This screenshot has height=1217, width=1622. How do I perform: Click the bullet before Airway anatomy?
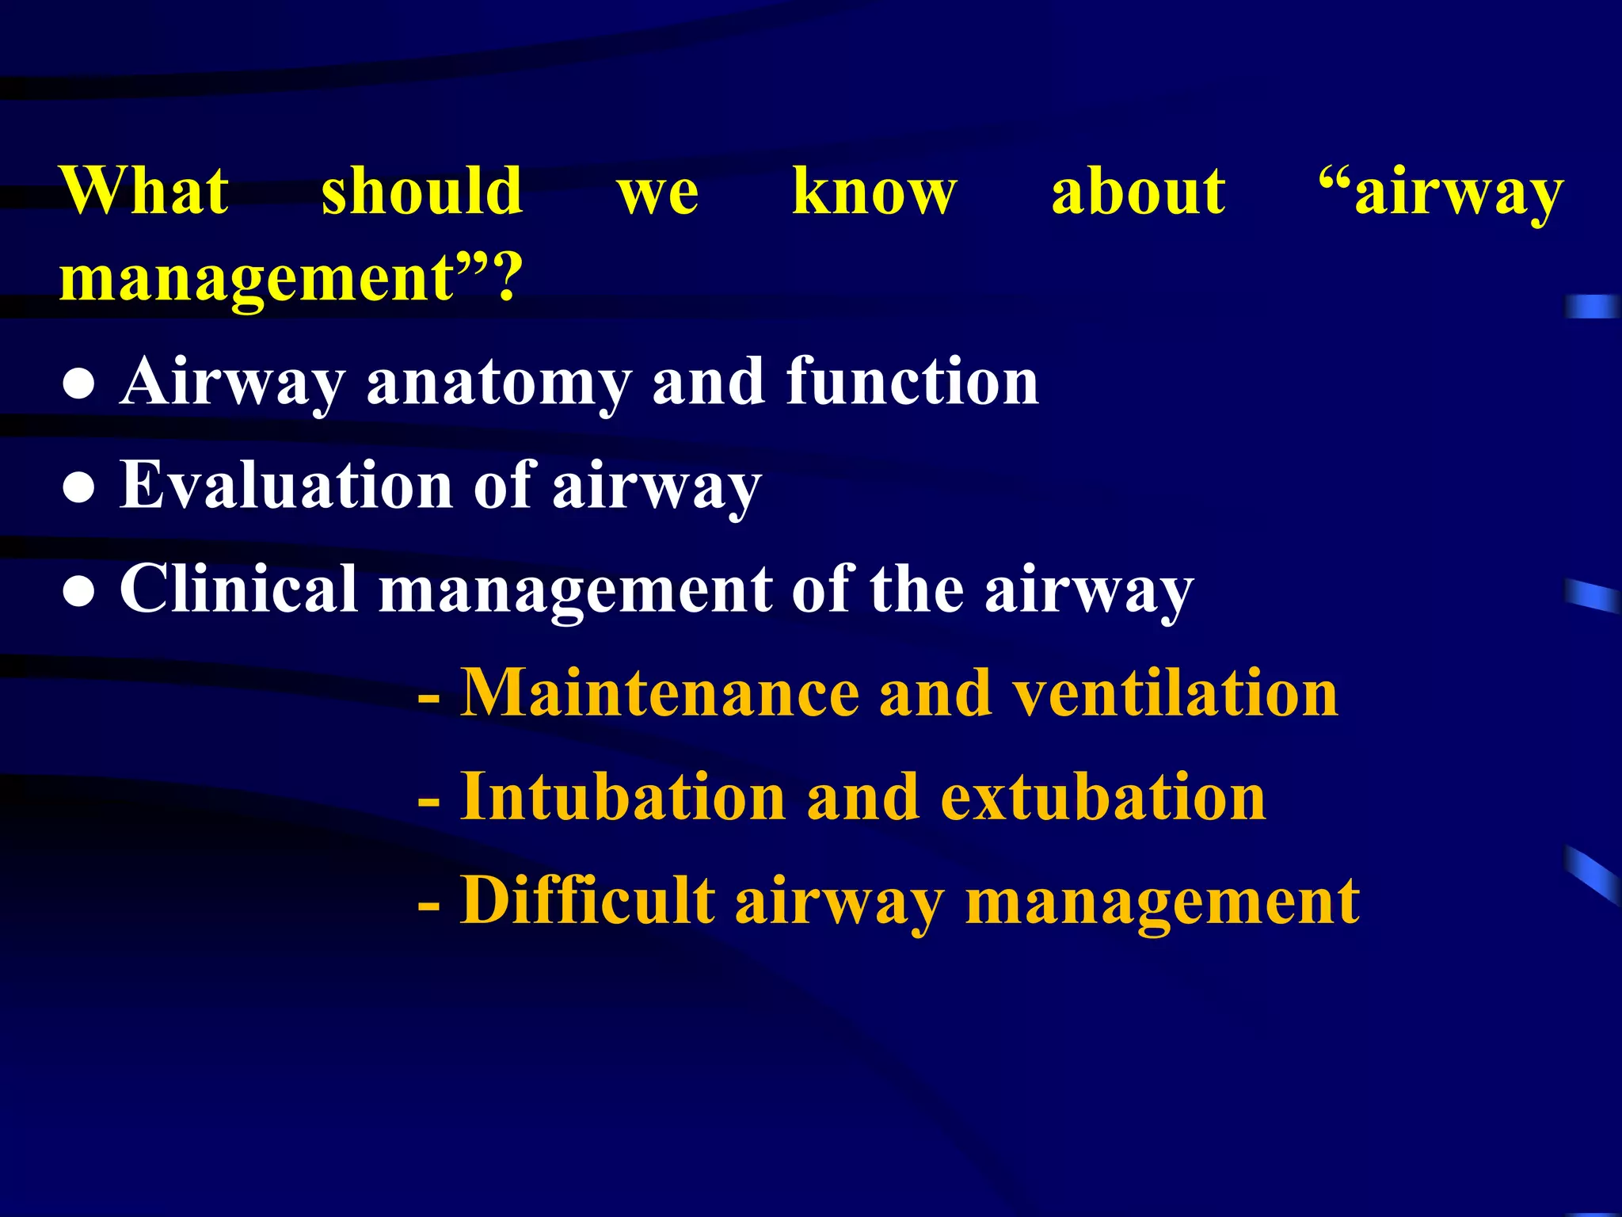point(79,387)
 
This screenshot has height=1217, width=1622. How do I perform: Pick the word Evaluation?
point(285,485)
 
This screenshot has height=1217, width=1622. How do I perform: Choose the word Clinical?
point(238,589)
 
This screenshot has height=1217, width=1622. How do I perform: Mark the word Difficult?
point(588,901)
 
